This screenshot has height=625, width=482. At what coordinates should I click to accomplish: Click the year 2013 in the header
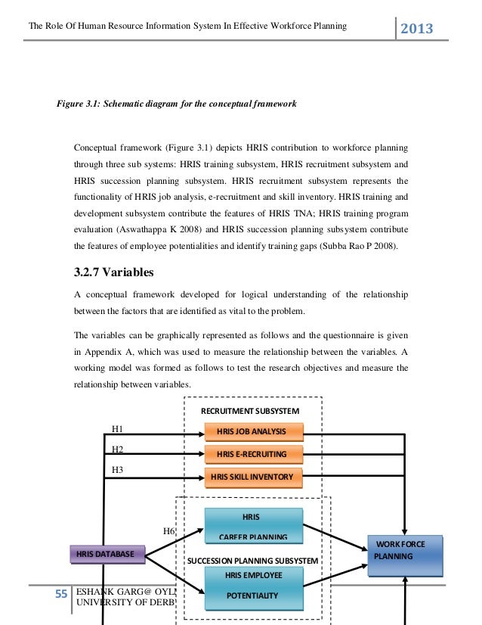point(416,29)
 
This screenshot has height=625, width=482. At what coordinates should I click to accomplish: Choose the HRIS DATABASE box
point(107,555)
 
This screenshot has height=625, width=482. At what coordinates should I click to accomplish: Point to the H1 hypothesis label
point(117,429)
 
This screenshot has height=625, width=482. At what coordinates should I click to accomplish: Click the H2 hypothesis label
point(117,449)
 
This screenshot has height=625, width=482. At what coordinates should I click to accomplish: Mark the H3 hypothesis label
point(117,470)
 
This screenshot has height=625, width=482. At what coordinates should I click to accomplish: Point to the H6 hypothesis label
point(169,530)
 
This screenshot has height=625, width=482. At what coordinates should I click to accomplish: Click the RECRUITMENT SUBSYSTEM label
point(250,411)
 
